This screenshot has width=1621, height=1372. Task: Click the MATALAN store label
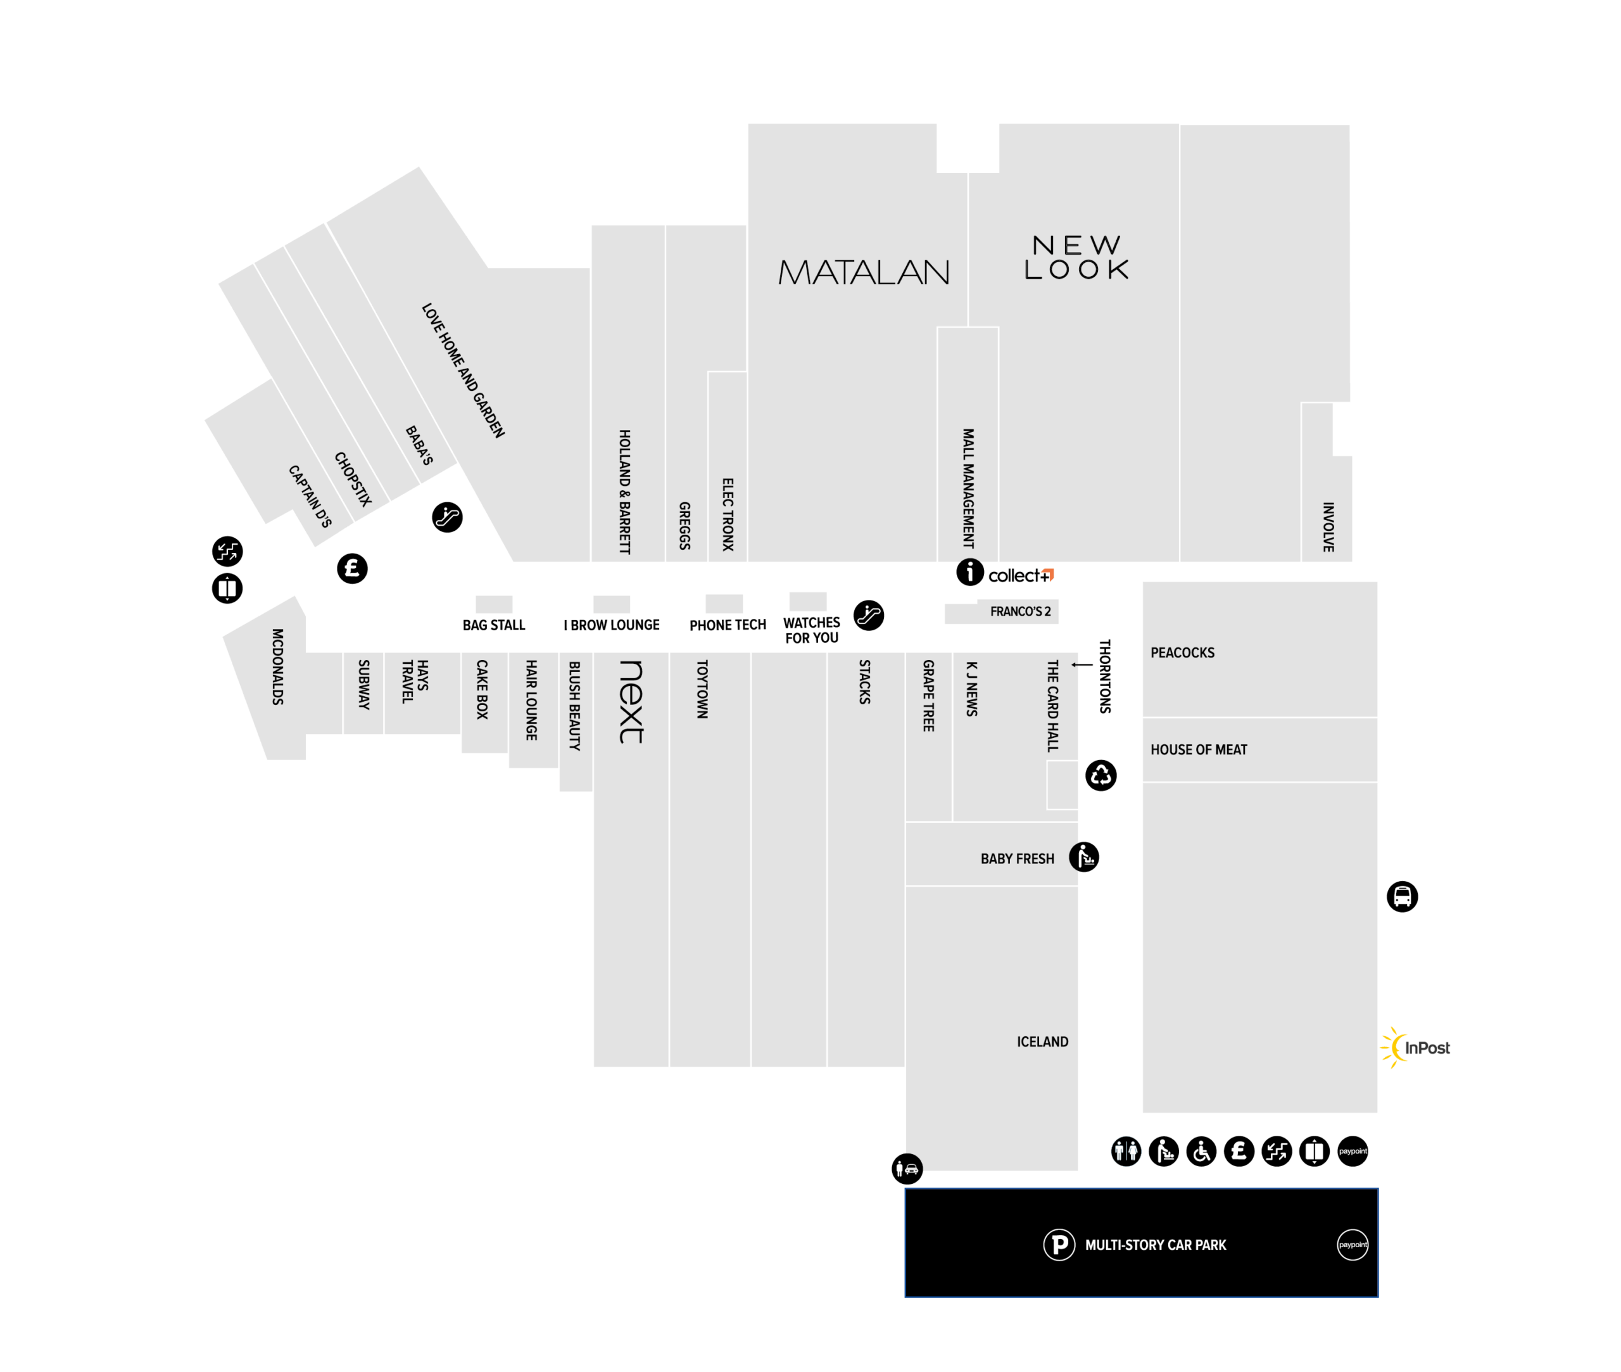[x=864, y=272]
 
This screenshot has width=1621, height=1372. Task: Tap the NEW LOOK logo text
[x=1076, y=257]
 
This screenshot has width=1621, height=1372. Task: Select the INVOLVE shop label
[x=1328, y=526]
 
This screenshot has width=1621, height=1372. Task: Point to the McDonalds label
[x=277, y=666]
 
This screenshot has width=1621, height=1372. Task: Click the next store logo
[x=631, y=702]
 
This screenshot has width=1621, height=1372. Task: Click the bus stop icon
[x=1402, y=897]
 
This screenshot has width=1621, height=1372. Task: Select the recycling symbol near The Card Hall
[x=1101, y=775]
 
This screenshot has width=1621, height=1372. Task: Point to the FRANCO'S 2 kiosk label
[x=1020, y=611]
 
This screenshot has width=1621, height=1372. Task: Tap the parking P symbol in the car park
[x=1059, y=1245]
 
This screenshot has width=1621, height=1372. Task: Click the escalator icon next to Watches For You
[x=868, y=615]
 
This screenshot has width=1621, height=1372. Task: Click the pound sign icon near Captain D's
[x=352, y=569]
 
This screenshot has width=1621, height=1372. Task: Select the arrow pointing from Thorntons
[x=1082, y=664]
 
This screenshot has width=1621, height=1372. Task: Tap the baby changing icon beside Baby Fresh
[x=1084, y=857]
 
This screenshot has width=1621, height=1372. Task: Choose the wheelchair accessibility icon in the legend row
[x=1201, y=1151]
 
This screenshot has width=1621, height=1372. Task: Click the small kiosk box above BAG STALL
[x=494, y=604]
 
